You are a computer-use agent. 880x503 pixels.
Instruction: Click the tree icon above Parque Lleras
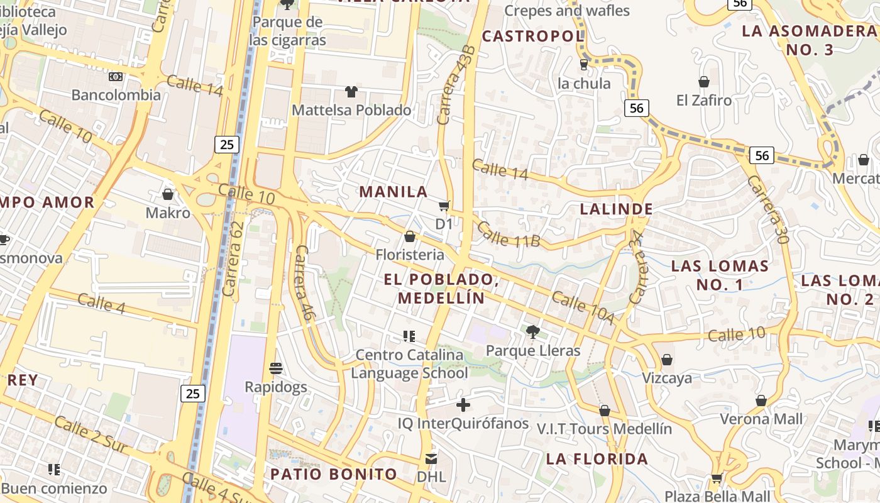[x=533, y=332]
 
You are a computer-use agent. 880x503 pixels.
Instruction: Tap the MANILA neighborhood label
[x=393, y=192]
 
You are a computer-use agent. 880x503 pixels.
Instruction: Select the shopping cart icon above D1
[x=444, y=206]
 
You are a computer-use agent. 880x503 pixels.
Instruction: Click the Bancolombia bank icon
[x=116, y=77]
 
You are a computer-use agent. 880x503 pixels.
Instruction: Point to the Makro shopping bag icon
[x=168, y=194]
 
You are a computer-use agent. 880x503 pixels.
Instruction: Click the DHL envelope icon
[x=431, y=458]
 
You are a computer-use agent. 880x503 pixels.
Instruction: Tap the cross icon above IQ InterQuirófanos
[x=463, y=405]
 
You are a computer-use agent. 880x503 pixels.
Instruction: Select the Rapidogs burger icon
[x=276, y=368]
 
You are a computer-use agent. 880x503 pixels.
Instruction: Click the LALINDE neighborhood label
[x=616, y=209]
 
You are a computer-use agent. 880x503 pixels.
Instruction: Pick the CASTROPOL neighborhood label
[x=533, y=36]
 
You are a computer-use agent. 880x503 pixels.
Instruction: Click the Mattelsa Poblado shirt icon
[x=351, y=92]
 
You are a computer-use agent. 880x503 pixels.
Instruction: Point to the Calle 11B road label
[x=509, y=233]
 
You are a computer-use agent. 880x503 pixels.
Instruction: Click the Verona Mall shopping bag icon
[x=761, y=401]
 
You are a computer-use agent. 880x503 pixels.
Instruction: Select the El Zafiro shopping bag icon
[x=704, y=82]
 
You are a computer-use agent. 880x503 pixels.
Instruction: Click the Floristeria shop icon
[x=410, y=236]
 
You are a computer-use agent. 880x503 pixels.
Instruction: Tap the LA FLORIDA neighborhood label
[x=597, y=459]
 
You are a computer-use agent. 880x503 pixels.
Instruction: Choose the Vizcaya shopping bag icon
[x=667, y=360]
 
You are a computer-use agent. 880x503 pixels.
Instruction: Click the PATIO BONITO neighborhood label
[x=334, y=474]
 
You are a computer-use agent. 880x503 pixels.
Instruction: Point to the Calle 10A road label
[x=583, y=309]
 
